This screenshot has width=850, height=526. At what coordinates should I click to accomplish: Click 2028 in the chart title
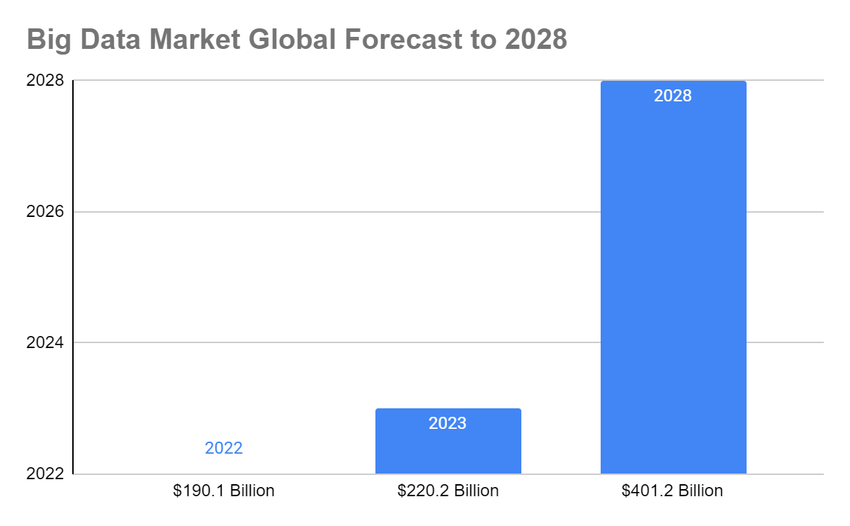[x=536, y=40]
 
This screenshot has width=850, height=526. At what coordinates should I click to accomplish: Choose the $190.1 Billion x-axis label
[x=223, y=491]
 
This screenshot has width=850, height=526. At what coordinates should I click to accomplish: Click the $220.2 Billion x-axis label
[x=448, y=491]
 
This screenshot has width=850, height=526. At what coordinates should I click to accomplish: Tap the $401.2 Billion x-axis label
[x=672, y=491]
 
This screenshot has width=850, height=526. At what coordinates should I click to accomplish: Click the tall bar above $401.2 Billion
[x=673, y=284]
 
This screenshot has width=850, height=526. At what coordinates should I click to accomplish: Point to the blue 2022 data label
[x=223, y=448]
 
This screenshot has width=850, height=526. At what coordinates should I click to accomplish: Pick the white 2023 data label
[x=448, y=424]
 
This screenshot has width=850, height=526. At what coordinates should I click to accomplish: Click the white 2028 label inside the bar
[x=672, y=96]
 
